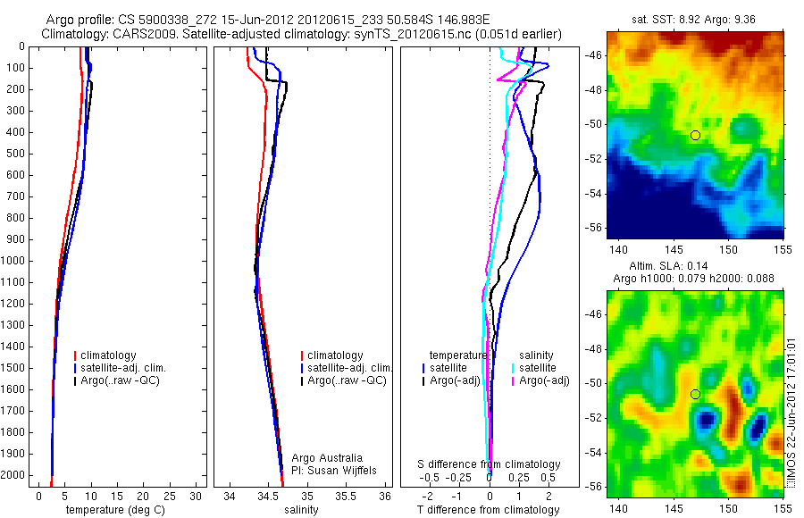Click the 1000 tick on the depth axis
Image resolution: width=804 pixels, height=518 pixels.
coord(15,261)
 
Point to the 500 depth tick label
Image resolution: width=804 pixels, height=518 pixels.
coord(15,154)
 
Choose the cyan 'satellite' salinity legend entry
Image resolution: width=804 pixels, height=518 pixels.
coord(538,368)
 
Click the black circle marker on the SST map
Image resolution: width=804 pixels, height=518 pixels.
coord(695,135)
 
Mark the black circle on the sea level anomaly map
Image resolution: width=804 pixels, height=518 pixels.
coord(695,394)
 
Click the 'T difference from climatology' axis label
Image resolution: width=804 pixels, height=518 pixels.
coord(488,510)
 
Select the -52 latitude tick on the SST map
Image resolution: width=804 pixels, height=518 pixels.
coord(594,159)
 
